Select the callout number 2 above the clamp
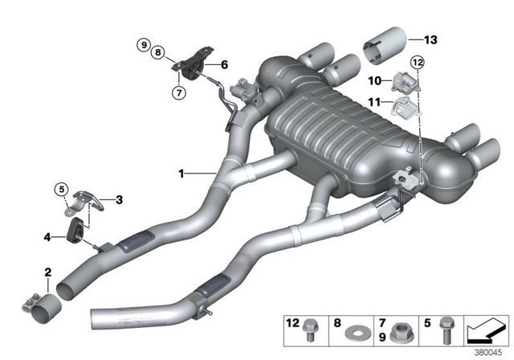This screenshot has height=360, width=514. [x=48, y=273]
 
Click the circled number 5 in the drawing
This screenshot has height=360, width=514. [x=224, y=64]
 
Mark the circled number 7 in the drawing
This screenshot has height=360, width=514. [x=143, y=43]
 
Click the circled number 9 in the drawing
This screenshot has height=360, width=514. [x=143, y=43]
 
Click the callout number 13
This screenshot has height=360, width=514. [x=432, y=38]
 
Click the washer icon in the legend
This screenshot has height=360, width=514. [x=353, y=329]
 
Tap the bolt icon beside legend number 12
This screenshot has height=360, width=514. [x=312, y=328]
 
